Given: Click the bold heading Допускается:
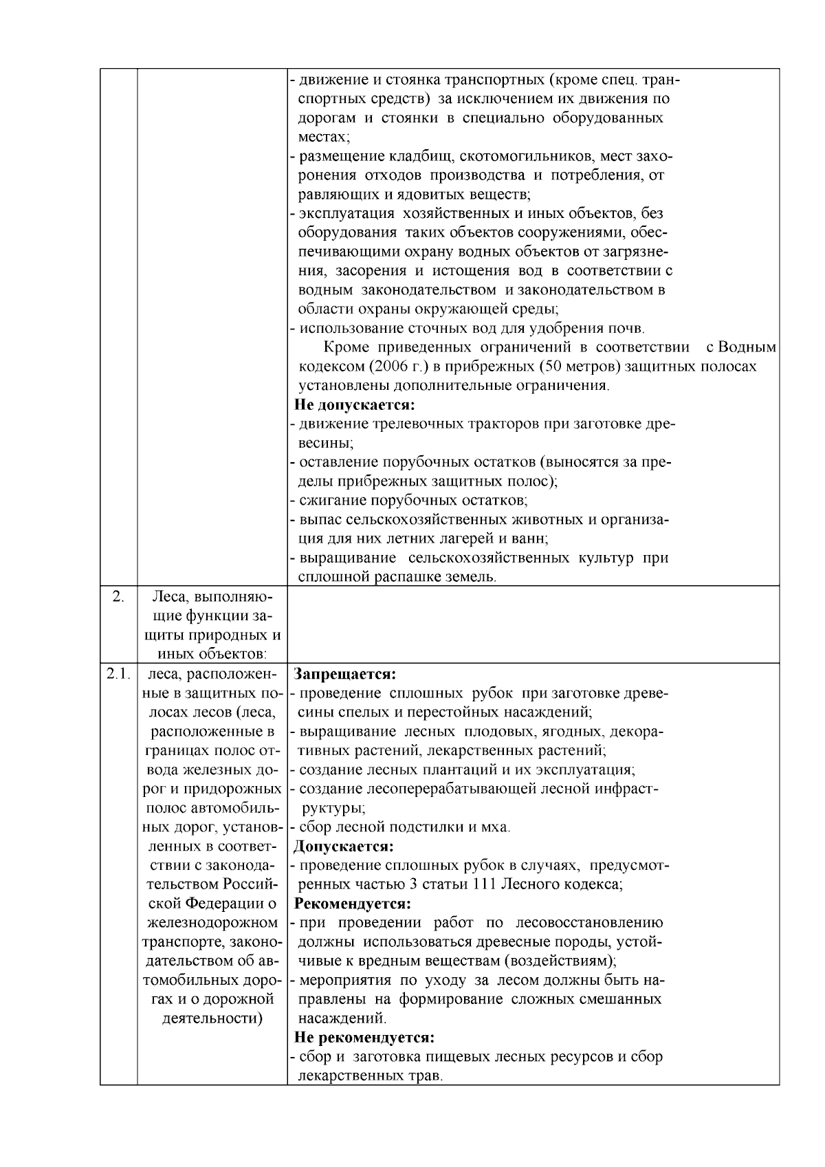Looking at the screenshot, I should click(x=344, y=846).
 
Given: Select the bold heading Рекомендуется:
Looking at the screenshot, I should click(x=352, y=903).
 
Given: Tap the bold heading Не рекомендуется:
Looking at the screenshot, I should click(x=364, y=1037).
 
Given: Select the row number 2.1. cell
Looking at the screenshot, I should click(x=118, y=674).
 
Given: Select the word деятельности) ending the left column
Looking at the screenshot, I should click(x=212, y=1018).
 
